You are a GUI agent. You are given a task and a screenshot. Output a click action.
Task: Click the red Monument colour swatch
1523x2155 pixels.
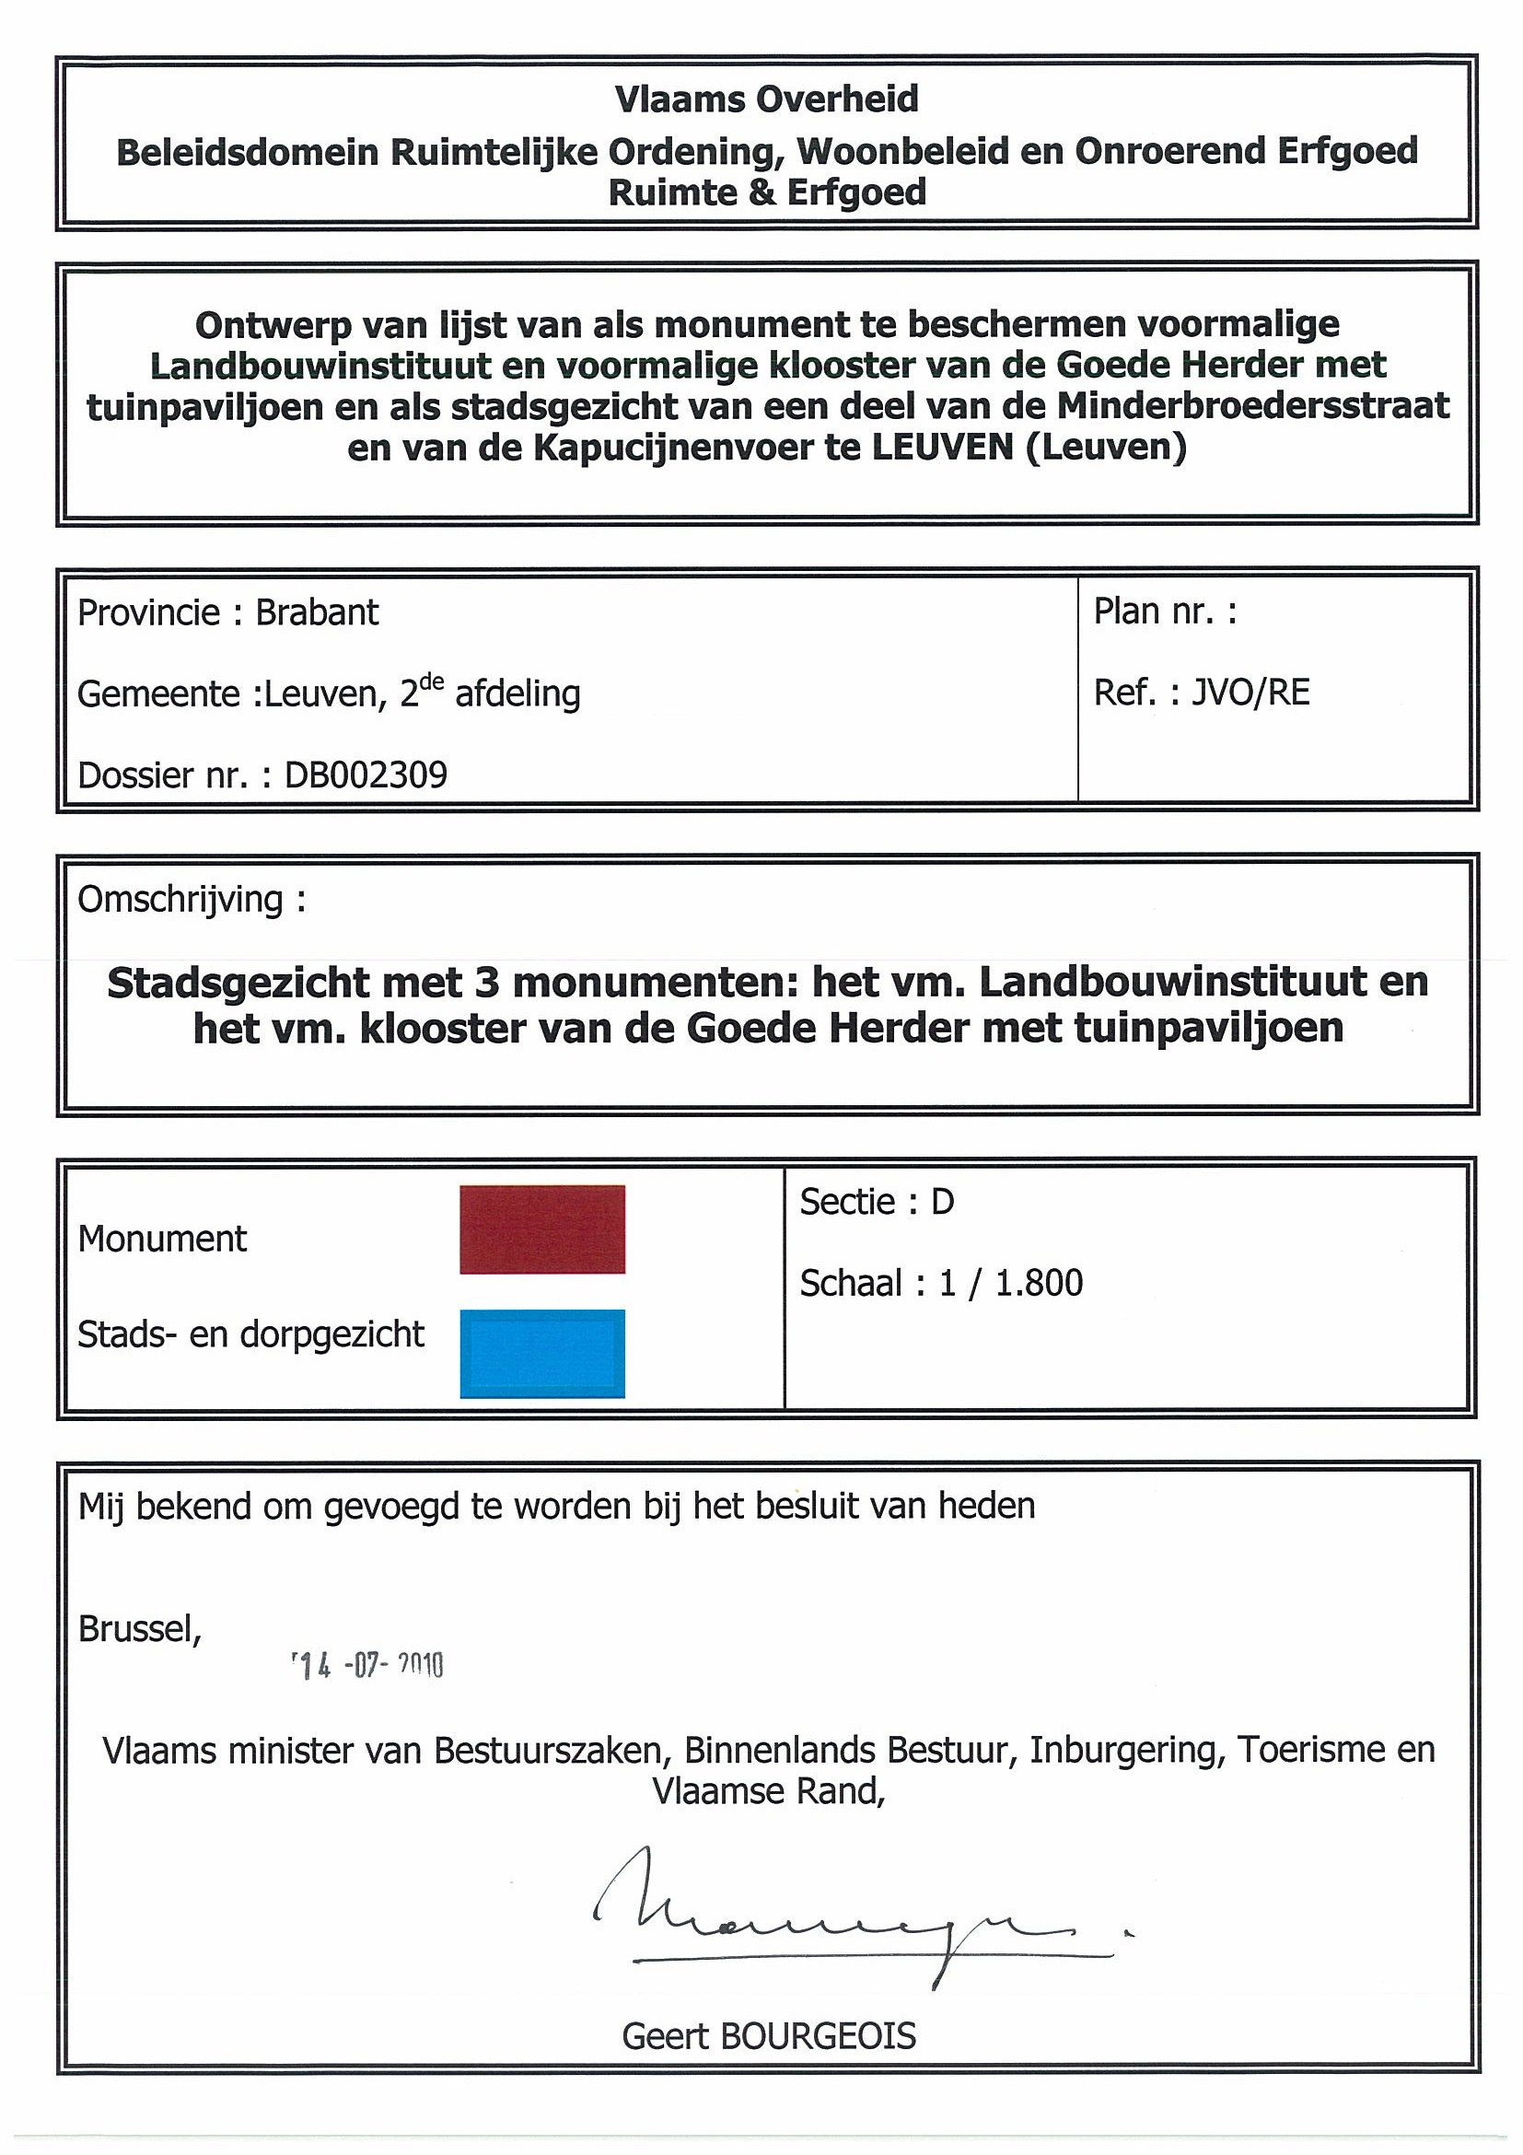(541, 1229)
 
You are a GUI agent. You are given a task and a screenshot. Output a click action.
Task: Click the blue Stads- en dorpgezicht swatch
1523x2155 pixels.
(541, 1353)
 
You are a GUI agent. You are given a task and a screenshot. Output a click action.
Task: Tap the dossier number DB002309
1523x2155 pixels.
(366, 775)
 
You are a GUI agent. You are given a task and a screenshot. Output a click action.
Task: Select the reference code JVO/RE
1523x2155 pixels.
(1250, 693)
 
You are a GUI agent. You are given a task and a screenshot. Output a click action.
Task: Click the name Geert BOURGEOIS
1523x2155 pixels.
(769, 2036)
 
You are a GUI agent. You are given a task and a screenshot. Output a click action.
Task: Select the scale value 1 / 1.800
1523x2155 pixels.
(1011, 1283)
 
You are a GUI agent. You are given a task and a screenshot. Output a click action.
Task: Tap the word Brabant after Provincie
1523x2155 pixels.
(317, 613)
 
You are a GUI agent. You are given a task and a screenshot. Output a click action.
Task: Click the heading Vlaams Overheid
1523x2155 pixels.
(766, 99)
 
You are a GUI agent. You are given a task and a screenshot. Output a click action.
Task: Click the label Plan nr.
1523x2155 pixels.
(1165, 612)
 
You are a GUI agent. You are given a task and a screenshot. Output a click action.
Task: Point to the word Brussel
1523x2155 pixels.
(139, 1628)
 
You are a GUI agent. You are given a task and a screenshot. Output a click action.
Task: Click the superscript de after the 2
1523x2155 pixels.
(432, 683)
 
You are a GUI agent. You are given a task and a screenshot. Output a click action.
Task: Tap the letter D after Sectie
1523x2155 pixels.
(942, 1203)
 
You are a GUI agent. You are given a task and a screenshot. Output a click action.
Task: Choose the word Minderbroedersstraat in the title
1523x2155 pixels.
(1252, 406)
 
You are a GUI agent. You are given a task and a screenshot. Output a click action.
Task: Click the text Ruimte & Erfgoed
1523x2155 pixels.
(767, 192)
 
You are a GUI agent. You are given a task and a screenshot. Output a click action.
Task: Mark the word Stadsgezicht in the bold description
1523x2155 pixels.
(238, 984)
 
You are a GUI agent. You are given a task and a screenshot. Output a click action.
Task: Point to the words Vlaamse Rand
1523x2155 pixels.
(769, 1792)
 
